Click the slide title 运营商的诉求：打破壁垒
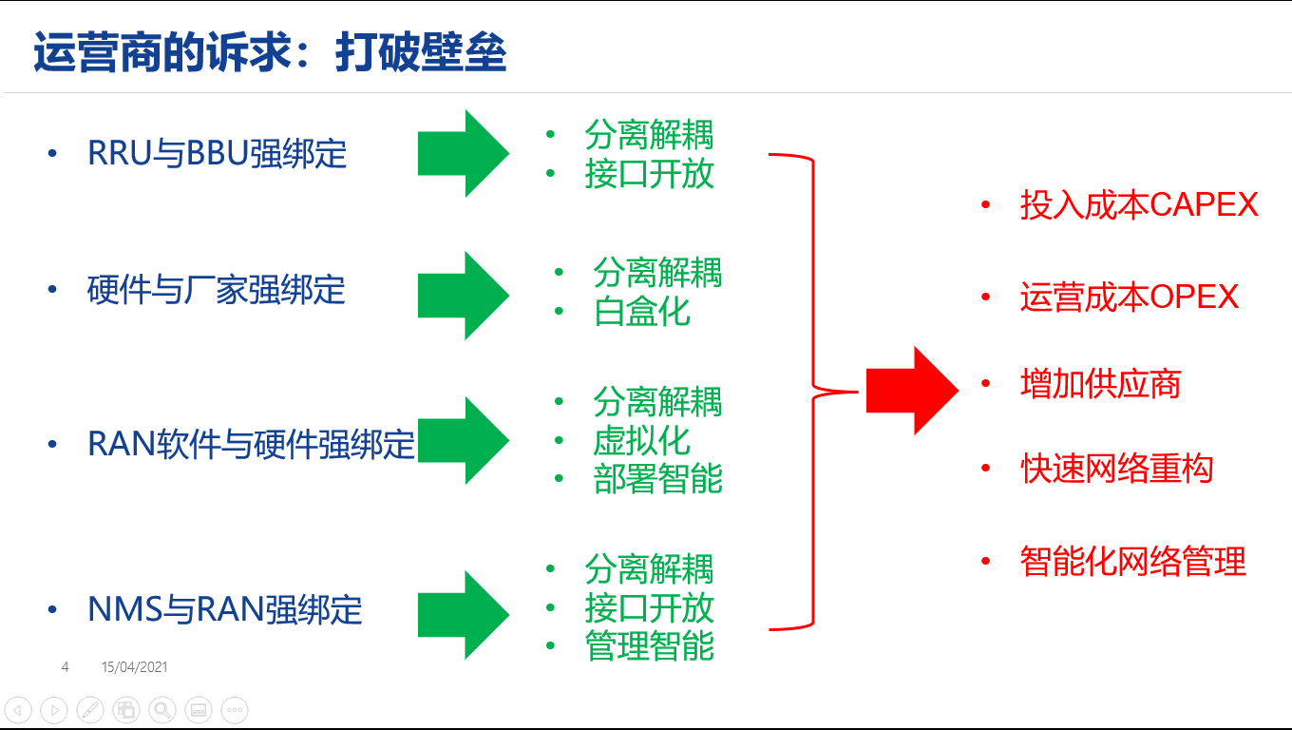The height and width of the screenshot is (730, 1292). pyautogui.click(x=270, y=53)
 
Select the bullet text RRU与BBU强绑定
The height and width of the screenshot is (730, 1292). pyautogui.click(x=217, y=154)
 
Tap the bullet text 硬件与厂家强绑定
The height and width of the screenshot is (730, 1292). pyautogui.click(x=216, y=290)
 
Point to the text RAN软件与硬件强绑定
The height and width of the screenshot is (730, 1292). pyautogui.click(x=251, y=444)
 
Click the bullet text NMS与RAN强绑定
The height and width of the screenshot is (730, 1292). pyautogui.click(x=224, y=609)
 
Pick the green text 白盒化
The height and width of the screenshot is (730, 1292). pyautogui.click(x=642, y=312)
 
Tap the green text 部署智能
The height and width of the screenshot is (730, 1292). pyautogui.click(x=657, y=479)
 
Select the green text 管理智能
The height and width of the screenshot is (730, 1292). pyautogui.click(x=650, y=646)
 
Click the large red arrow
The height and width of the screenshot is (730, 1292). pyautogui.click(x=912, y=391)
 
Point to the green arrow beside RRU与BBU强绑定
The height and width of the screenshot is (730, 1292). pyautogui.click(x=464, y=153)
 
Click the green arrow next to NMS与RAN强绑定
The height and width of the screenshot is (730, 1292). pyautogui.click(x=464, y=614)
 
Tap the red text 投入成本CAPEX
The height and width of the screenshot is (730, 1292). pyautogui.click(x=1139, y=204)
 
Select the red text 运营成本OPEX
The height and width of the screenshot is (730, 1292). pyautogui.click(x=1130, y=298)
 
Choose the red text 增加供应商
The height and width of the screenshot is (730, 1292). pyautogui.click(x=1100, y=385)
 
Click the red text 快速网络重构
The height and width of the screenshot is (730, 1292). pyautogui.click(x=1117, y=469)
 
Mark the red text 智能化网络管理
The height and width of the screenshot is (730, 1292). pyautogui.click(x=1132, y=561)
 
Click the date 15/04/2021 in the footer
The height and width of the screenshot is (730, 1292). pyautogui.click(x=135, y=667)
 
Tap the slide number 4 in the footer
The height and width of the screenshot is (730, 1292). pyautogui.click(x=65, y=667)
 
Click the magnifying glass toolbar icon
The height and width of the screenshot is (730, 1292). pyautogui.click(x=162, y=709)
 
